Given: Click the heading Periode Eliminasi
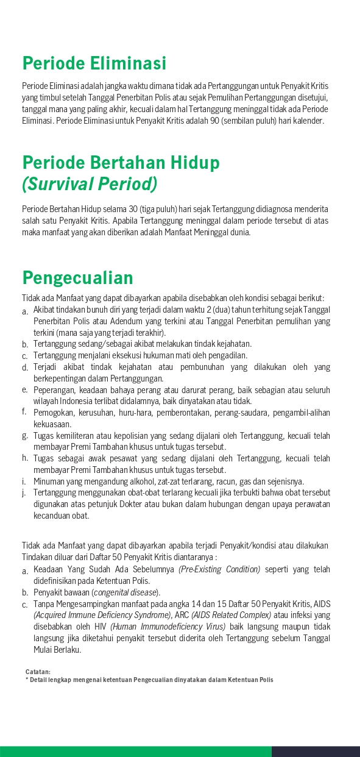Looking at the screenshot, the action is [94, 63].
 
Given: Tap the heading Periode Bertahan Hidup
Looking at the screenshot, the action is [121, 163].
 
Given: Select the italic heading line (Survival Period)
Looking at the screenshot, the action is [89, 183].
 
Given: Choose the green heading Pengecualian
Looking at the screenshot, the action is [77, 278].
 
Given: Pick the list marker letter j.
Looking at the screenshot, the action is [25, 492].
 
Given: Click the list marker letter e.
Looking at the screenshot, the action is [25, 390].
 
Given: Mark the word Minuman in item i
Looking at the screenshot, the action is [51, 481].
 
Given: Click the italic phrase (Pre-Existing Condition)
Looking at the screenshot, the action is [219, 569].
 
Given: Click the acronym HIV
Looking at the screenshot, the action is [101, 627].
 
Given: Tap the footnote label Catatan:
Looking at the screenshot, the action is [38, 672].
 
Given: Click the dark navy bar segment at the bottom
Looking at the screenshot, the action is [316, 752].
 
